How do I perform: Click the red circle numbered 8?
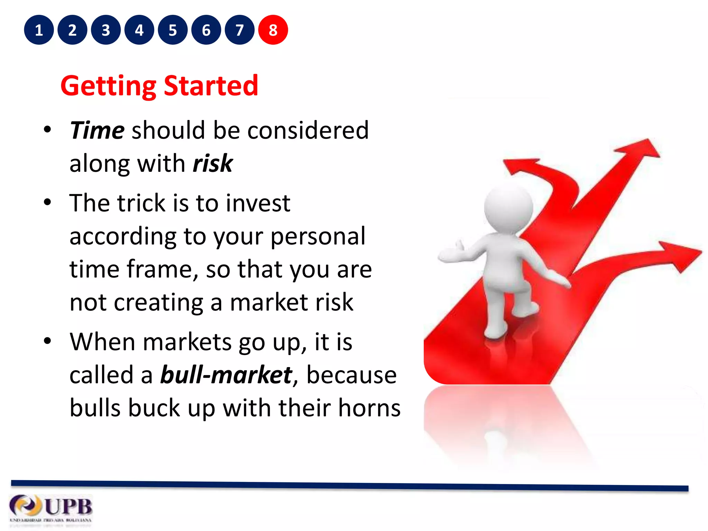pyautogui.click(x=273, y=30)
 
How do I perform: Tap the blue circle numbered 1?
pyautogui.click(x=39, y=30)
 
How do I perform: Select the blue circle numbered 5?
pyautogui.click(x=173, y=30)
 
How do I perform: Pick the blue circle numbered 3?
pyautogui.click(x=106, y=30)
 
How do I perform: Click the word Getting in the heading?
pyautogui.click(x=109, y=86)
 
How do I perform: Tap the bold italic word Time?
pyautogui.click(x=97, y=130)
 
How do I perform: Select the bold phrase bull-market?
pyautogui.click(x=226, y=375)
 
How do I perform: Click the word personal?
pyautogui.click(x=318, y=236)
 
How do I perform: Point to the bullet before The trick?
pyautogui.click(x=47, y=202)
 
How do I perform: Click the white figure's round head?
pyautogui.click(x=508, y=207)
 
